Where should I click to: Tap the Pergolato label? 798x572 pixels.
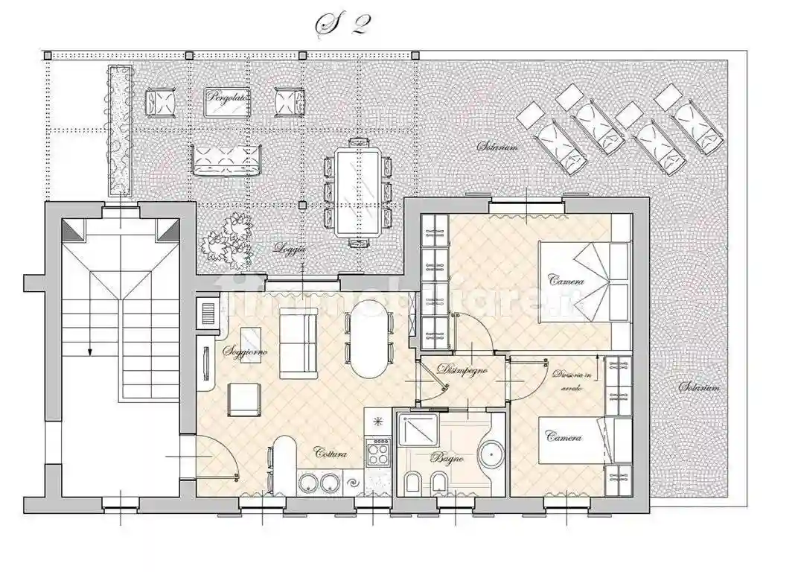[228, 98]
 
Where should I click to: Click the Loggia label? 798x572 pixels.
[290, 249]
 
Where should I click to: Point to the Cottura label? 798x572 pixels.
[329, 453]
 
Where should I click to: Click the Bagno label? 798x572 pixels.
[446, 459]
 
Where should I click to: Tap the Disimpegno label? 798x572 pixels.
[462, 369]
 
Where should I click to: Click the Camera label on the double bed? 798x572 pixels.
[566, 281]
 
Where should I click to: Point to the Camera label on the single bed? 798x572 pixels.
[564, 437]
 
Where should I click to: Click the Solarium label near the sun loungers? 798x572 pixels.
[497, 147]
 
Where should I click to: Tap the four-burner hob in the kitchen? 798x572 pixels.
[377, 451]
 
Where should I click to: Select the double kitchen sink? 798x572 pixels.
[320, 483]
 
